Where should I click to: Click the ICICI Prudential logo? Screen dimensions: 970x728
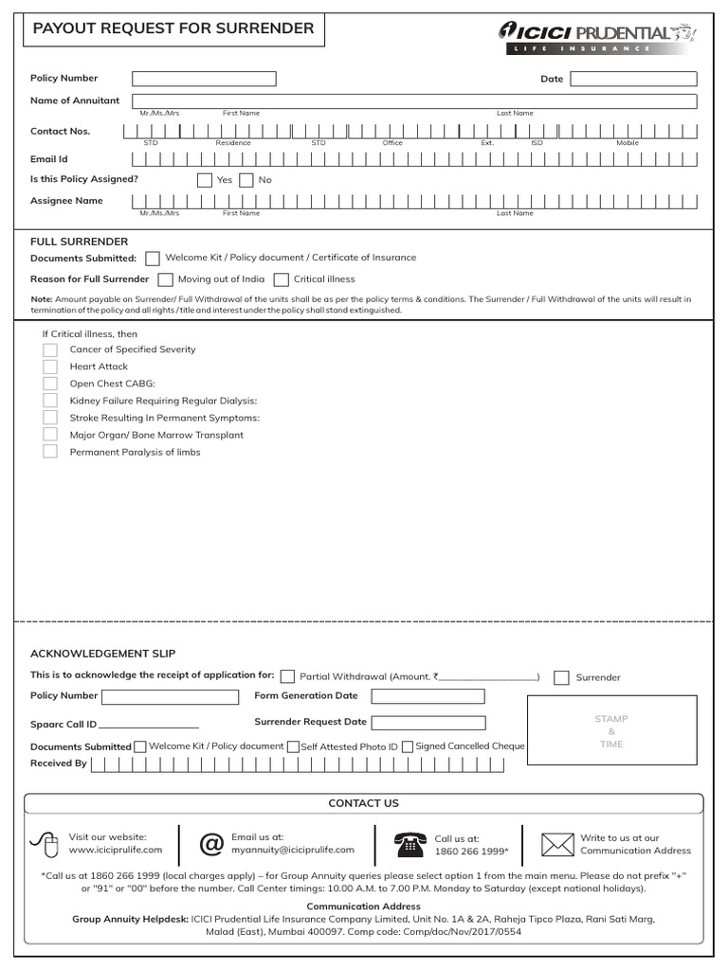coord(597,36)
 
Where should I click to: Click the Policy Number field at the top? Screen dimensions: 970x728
coord(204,79)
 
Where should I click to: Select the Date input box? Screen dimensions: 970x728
coord(633,79)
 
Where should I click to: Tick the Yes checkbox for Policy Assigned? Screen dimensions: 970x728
coord(205,180)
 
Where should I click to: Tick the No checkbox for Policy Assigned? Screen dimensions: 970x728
coord(246,180)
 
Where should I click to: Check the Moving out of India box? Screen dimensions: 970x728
coord(166,279)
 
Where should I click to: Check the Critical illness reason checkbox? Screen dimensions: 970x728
coord(282,279)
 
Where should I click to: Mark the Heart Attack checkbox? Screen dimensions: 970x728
coord(50,367)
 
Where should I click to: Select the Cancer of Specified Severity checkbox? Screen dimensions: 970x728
coord(50,350)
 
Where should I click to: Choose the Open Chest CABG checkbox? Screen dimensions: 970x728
coord(50,384)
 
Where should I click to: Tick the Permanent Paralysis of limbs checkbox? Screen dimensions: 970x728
coord(50,452)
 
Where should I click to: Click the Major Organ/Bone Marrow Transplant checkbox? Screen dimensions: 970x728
coord(50,435)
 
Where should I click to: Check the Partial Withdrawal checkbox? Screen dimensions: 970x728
coord(287,676)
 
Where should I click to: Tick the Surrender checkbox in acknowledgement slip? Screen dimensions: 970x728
coord(562,677)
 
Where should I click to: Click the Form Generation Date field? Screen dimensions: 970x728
coord(428,696)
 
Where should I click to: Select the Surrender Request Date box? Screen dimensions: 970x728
coord(428,723)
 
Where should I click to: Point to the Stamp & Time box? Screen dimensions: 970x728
coord(611,731)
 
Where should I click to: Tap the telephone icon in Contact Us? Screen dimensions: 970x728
coord(409,843)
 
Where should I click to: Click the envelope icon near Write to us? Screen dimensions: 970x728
coord(557,843)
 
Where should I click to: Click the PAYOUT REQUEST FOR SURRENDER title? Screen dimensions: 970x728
coord(173,28)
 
